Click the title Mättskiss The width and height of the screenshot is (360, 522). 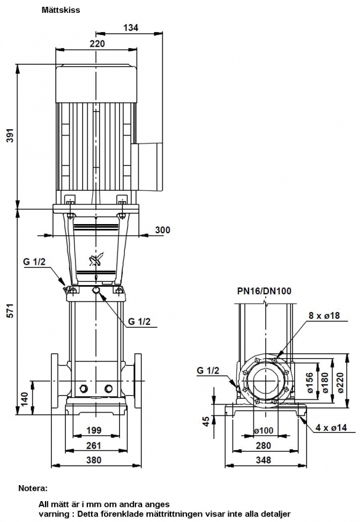61,10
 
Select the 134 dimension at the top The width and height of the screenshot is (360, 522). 130,28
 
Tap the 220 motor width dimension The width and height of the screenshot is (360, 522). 97,44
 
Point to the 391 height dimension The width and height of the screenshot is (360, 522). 11,135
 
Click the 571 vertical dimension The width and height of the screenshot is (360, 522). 11,310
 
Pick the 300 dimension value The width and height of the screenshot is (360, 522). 162,230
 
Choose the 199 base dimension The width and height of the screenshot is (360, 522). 94,430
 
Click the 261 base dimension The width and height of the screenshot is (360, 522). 94,446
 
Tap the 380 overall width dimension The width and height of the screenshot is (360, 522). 94,460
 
